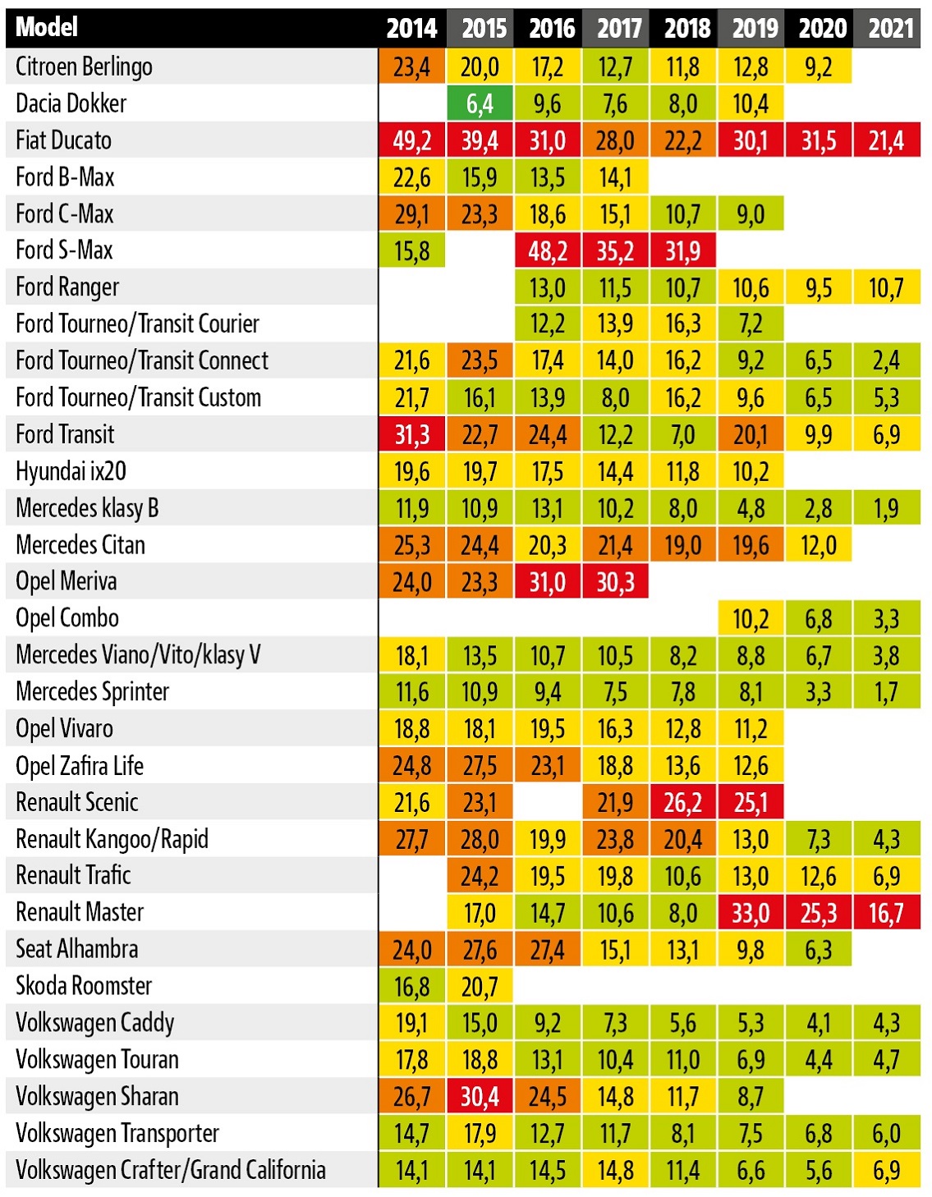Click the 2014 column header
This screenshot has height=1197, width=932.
(x=411, y=28)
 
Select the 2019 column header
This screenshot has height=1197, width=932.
(x=751, y=28)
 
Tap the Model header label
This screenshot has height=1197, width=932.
(x=47, y=27)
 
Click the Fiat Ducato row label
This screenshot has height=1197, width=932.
(x=63, y=140)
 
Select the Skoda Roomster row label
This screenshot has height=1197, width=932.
(x=84, y=986)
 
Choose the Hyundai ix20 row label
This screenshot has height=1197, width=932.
(x=71, y=471)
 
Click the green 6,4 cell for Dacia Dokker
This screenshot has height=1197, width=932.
(x=480, y=103)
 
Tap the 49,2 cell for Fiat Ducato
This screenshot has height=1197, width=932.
(x=411, y=140)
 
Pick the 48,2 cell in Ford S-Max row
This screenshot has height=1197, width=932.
(x=548, y=250)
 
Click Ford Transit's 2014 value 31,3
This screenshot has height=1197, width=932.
(x=411, y=434)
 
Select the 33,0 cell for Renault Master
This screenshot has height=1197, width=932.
(x=751, y=913)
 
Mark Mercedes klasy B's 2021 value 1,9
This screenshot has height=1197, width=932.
(x=887, y=508)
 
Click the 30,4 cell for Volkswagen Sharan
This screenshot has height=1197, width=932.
(x=480, y=1097)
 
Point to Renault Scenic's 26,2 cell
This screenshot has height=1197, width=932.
(x=683, y=802)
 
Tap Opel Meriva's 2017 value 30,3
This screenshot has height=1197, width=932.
(x=615, y=582)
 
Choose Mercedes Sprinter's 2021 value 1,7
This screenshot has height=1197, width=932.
(x=887, y=692)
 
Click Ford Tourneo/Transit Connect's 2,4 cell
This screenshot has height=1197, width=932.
(x=887, y=360)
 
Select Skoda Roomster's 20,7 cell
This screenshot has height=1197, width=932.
(x=480, y=986)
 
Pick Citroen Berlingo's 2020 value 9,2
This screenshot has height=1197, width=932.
(x=819, y=66)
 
